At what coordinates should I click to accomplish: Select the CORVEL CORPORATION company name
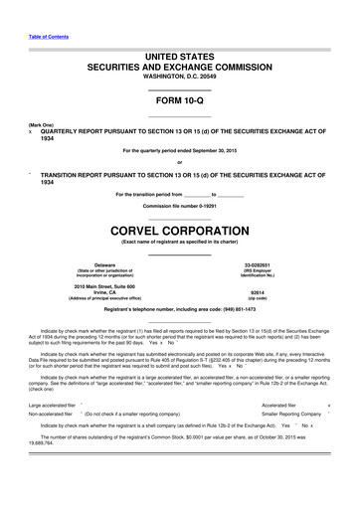pyautogui.click(x=179, y=230)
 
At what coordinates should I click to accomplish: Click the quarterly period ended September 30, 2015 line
pyautogui.click(x=179, y=150)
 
